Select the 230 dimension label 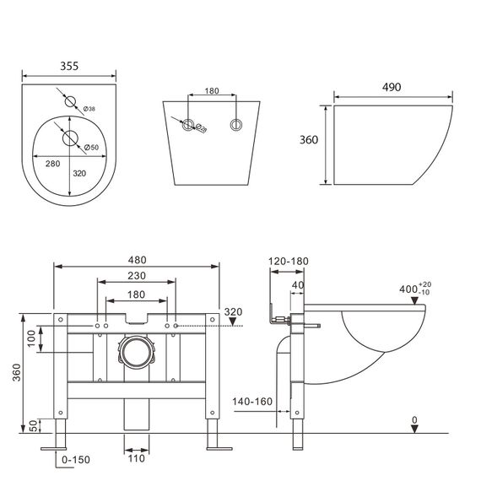[139, 275]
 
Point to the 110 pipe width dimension [136, 459]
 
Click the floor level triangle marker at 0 [413, 429]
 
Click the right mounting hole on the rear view [235, 123]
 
